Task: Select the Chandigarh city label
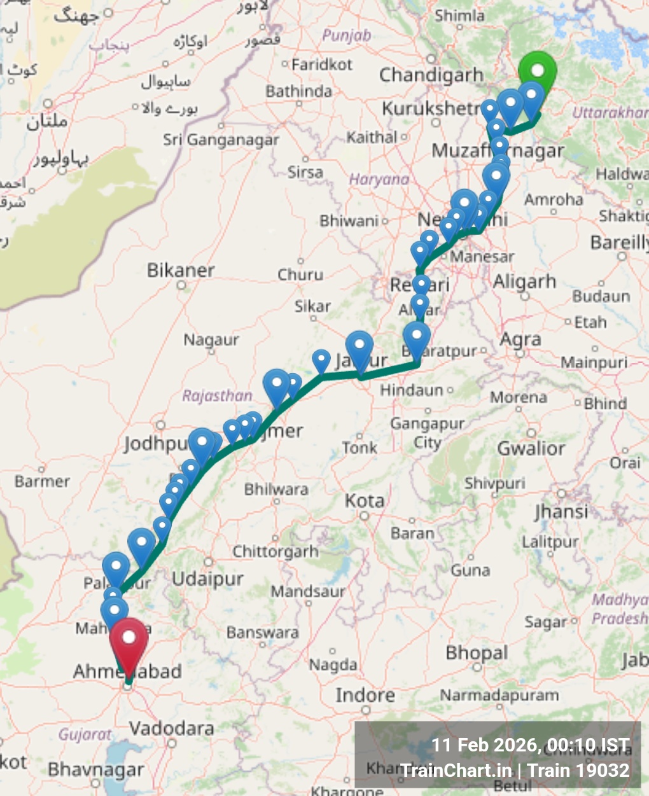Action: point(431,75)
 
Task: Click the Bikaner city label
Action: point(181,270)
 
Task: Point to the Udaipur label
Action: point(208,579)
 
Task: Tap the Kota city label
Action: point(365,501)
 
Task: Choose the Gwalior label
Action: point(531,448)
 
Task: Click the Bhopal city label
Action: point(477,653)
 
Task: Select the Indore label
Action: point(365,695)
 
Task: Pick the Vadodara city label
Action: point(171,728)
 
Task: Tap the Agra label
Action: point(520,340)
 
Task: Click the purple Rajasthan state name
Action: point(217,395)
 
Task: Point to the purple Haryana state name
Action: point(379,180)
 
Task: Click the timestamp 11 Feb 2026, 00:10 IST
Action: point(531,745)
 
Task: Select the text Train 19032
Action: point(578,771)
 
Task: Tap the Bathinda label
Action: point(298,92)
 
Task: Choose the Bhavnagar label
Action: point(96,769)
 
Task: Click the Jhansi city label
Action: point(561,511)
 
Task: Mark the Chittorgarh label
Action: point(275,551)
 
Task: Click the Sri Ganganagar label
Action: point(221,139)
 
